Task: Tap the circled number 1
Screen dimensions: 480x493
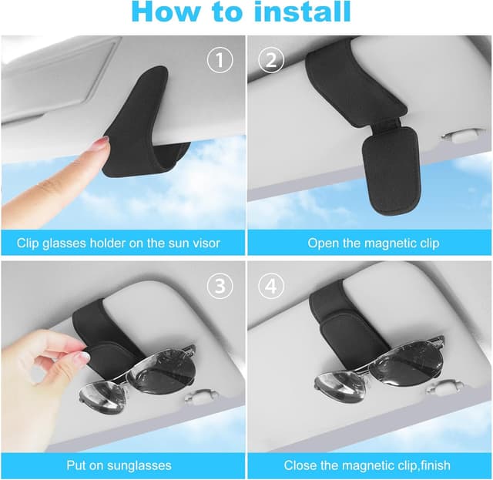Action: point(221,60)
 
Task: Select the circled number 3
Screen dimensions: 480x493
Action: point(221,287)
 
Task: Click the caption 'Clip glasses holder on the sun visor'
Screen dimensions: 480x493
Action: point(119,243)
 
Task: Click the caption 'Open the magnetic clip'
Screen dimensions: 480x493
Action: point(374,243)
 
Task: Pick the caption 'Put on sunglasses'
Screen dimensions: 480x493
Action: point(119,465)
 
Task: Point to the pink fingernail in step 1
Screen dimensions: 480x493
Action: point(101,143)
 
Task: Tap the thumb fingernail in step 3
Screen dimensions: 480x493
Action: point(79,358)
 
